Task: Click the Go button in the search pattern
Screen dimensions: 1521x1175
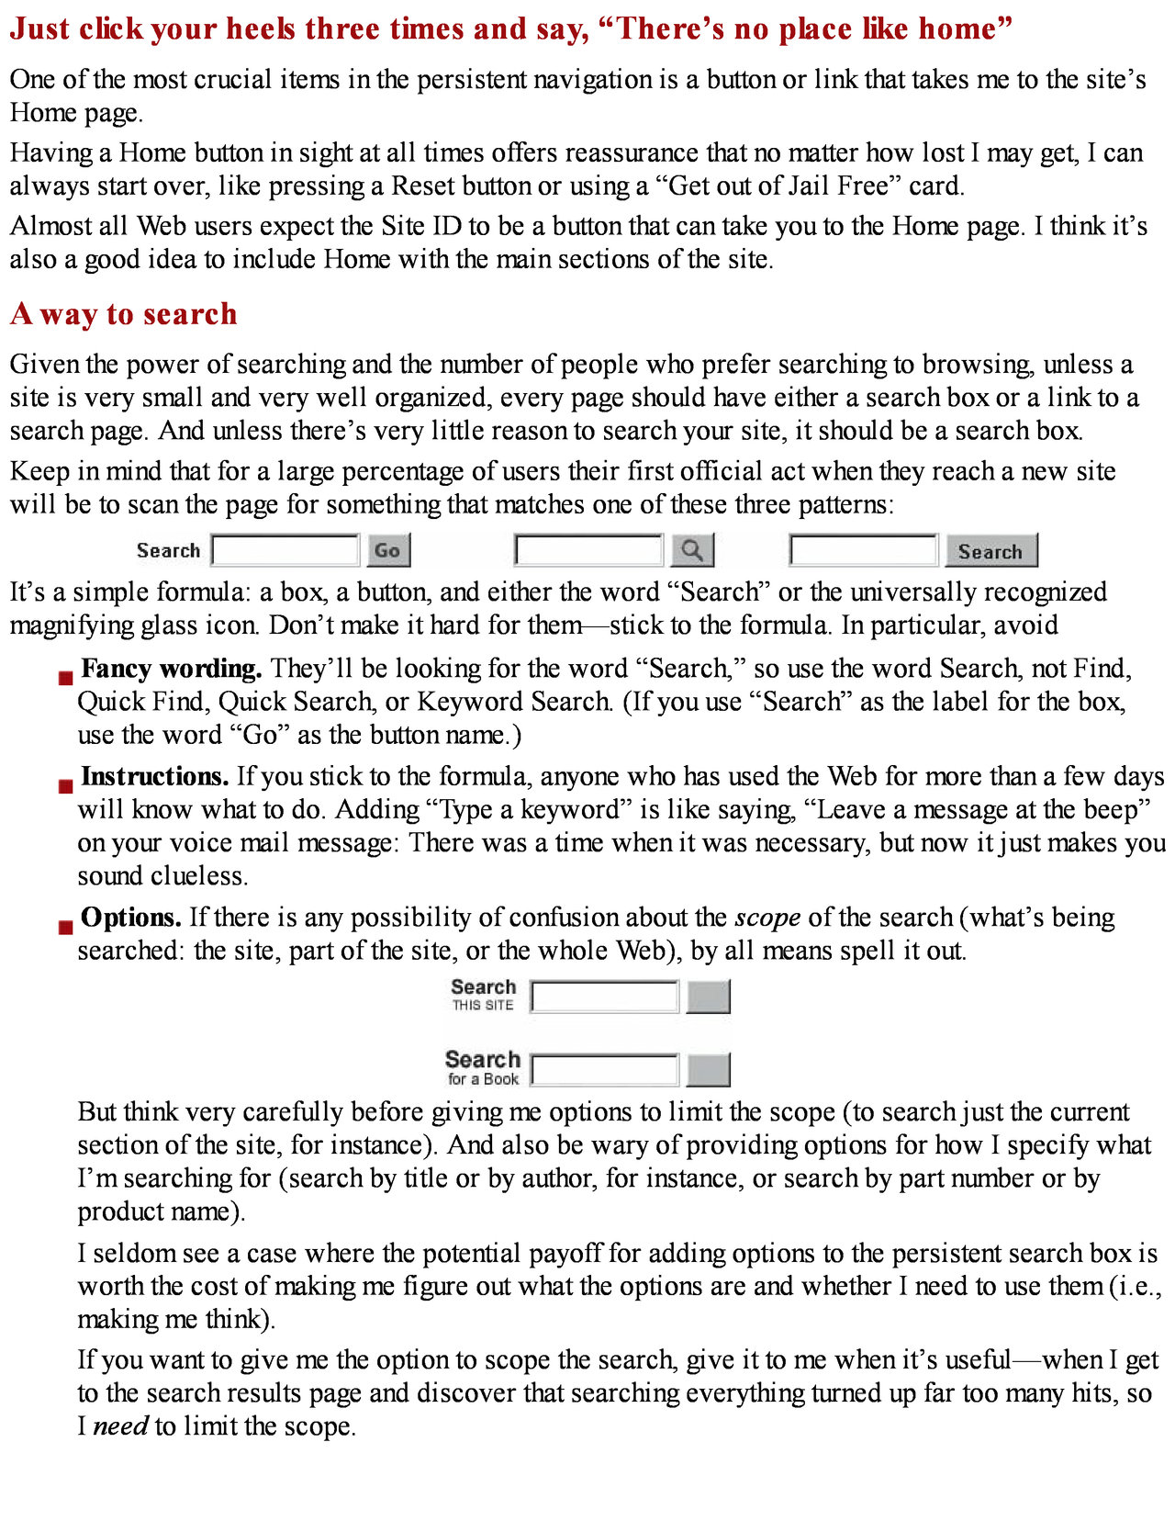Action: tap(388, 551)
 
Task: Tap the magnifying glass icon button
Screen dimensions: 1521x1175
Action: tap(692, 551)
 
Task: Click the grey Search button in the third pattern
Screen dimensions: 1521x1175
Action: tap(990, 551)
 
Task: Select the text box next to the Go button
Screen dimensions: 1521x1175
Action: tap(285, 551)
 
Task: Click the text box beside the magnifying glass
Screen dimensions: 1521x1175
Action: tap(588, 551)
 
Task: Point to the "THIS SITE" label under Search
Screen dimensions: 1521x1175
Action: tap(483, 1006)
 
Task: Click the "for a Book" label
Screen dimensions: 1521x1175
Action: tap(483, 1079)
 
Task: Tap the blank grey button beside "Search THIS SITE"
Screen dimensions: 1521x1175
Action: tap(708, 997)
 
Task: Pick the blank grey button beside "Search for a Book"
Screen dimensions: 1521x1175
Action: tap(708, 1070)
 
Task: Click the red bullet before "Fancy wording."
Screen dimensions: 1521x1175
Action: tap(65, 678)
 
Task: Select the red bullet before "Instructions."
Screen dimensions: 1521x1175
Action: tap(65, 786)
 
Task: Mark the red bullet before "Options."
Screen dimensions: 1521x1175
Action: tap(65, 927)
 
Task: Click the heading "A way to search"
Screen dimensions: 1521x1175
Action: tap(124, 314)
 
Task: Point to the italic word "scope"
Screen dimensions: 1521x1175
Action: tap(767, 918)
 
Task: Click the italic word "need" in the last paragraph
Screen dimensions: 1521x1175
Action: tap(121, 1426)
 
